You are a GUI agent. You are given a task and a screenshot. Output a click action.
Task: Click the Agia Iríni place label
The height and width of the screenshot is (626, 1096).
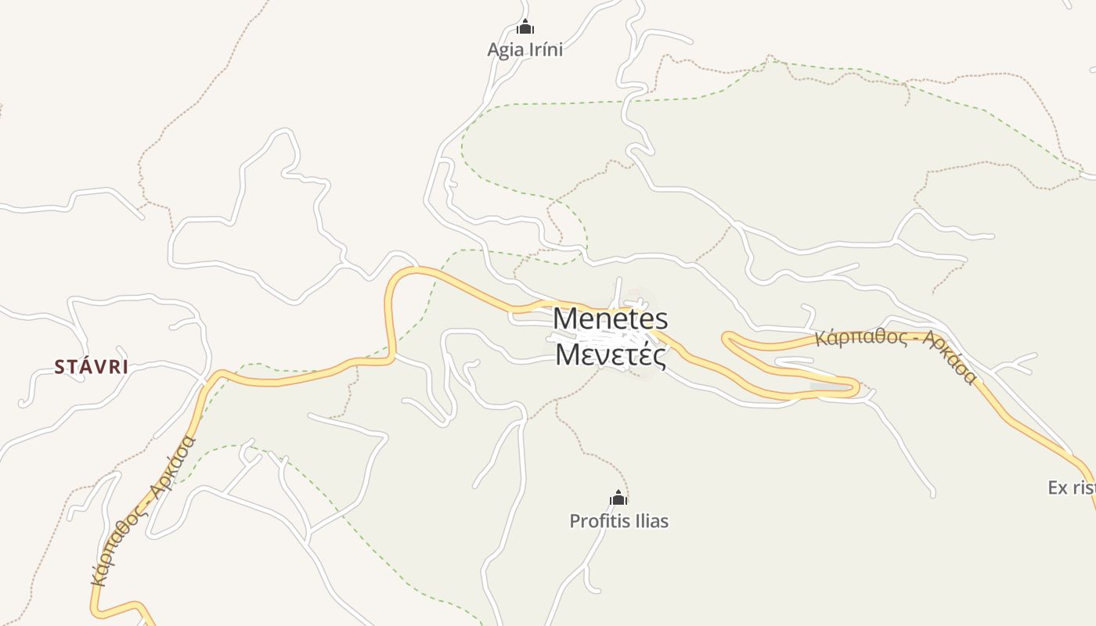[525, 49]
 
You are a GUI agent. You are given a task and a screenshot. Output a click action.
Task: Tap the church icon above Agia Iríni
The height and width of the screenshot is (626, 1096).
[525, 28]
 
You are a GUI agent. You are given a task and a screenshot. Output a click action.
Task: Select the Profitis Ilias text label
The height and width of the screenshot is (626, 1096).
[618, 520]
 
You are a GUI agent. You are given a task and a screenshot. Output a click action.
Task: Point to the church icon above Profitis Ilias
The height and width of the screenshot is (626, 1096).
[618, 498]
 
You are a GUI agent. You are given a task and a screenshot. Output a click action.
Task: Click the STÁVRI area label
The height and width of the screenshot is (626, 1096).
[91, 366]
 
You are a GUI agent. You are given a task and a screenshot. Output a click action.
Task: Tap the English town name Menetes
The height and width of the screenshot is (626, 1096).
[611, 318]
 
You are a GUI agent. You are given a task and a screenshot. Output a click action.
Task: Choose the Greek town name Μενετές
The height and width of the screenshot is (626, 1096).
[611, 354]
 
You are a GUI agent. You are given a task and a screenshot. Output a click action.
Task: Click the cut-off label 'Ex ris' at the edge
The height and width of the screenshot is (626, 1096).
[1071, 487]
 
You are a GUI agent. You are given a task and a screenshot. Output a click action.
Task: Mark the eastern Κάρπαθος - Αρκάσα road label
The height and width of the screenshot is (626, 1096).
[896, 351]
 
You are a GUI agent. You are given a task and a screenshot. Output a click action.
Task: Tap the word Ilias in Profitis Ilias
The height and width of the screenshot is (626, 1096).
[649, 520]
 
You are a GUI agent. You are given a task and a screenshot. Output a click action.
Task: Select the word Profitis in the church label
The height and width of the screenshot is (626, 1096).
[597, 520]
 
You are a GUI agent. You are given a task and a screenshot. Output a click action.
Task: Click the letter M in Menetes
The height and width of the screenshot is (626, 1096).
[567, 318]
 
